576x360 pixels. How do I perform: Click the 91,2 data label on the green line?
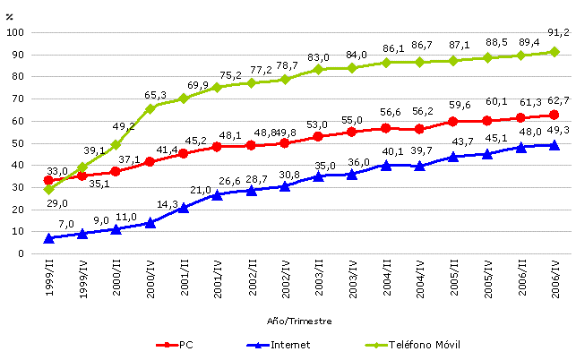557,32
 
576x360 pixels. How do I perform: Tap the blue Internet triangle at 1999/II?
48,238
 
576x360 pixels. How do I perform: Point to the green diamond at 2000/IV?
150,108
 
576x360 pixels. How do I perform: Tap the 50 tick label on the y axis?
18,143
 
